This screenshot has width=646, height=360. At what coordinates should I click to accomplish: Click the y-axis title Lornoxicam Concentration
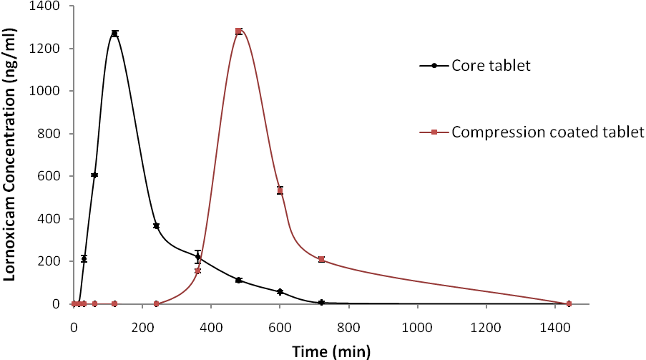[x=11, y=155]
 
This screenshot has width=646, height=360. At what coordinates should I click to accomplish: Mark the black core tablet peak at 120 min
[x=114, y=34]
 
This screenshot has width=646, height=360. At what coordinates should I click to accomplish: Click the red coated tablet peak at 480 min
[x=238, y=31]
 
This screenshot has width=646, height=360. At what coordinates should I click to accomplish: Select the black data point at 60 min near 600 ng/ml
[x=94, y=175]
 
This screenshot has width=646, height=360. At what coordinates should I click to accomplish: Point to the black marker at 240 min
[x=156, y=225]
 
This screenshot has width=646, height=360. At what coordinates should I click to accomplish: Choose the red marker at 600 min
[x=280, y=190]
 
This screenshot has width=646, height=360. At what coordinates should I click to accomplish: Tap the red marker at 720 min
[x=321, y=259]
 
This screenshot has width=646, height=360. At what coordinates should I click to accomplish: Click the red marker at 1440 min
[x=569, y=303]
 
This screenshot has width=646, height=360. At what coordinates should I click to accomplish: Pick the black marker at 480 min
[x=238, y=280]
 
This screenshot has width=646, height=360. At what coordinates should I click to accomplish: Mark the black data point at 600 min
[x=280, y=291]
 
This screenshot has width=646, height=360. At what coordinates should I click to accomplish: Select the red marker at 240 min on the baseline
[x=156, y=303]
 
